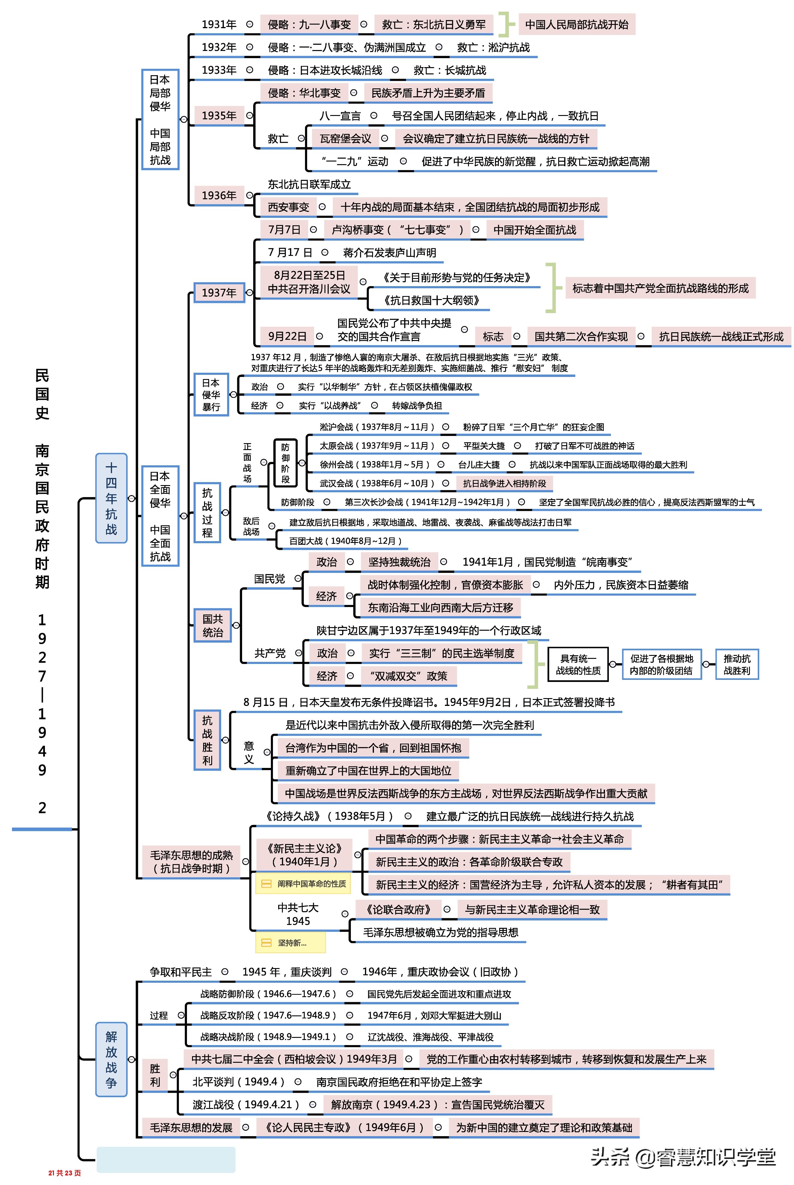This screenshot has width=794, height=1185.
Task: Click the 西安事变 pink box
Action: (288, 207)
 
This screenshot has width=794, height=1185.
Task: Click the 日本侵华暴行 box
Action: (211, 395)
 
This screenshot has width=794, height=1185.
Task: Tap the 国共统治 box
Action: (213, 625)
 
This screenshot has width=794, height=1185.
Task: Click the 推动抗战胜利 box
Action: (737, 664)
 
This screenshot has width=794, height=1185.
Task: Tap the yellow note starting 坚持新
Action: (290, 942)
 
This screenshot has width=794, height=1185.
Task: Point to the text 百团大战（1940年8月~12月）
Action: (345, 541)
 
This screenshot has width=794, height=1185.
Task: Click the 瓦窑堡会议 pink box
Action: (345, 138)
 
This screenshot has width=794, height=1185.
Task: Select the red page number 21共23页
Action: (64, 1172)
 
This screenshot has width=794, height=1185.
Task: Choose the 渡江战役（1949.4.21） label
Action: (246, 1104)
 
